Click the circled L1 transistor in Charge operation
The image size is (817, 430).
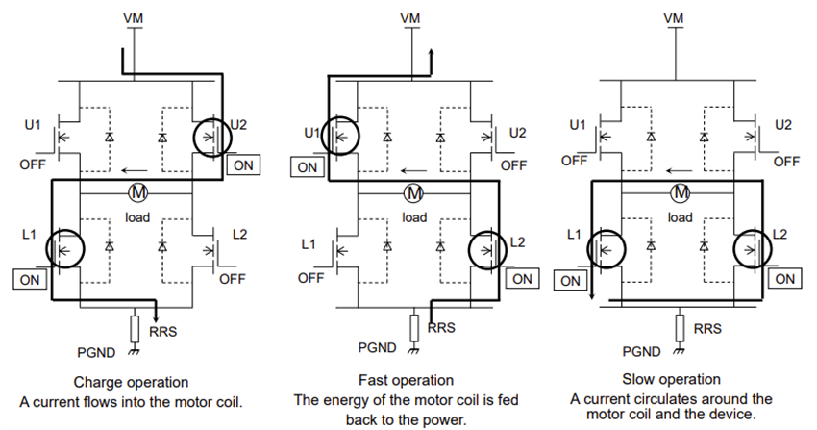(66, 249)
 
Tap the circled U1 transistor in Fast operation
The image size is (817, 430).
(338, 137)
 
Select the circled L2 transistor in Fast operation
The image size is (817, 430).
(487, 249)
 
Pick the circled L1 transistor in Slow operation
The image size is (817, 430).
(605, 249)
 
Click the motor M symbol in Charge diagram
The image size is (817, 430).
(136, 193)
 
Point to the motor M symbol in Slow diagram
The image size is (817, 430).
(681, 193)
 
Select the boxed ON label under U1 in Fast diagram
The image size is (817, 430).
(307, 166)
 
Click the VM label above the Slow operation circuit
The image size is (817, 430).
(676, 17)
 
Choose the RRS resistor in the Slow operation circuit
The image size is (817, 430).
(680, 326)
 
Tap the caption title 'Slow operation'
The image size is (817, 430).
(672, 379)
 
